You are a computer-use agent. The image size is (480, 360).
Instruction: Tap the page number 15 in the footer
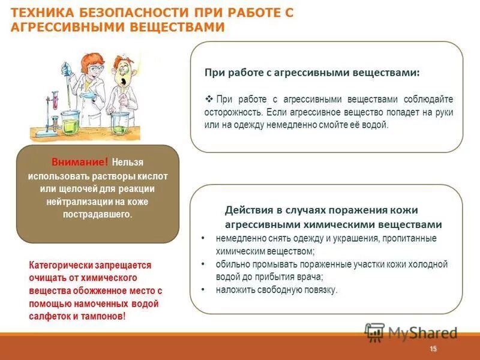point(434,349)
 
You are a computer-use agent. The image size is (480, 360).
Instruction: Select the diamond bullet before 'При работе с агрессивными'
point(209,99)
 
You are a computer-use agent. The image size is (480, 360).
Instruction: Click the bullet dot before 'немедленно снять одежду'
point(203,238)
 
